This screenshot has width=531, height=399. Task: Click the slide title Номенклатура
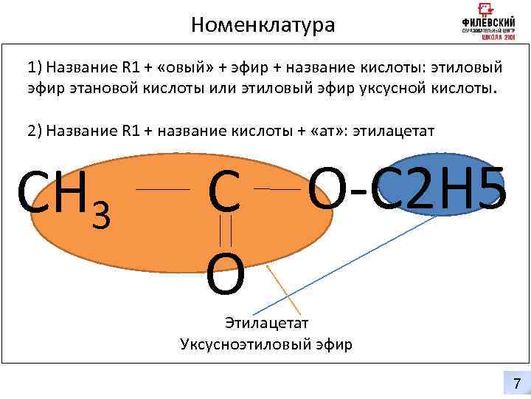click(x=262, y=25)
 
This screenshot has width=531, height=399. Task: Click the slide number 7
click(x=516, y=383)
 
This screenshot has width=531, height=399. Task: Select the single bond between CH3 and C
click(x=163, y=190)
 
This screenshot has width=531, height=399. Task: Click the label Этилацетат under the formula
click(x=266, y=323)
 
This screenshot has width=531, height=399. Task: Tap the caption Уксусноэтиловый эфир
click(x=266, y=344)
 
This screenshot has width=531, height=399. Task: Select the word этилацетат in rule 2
click(x=394, y=131)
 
